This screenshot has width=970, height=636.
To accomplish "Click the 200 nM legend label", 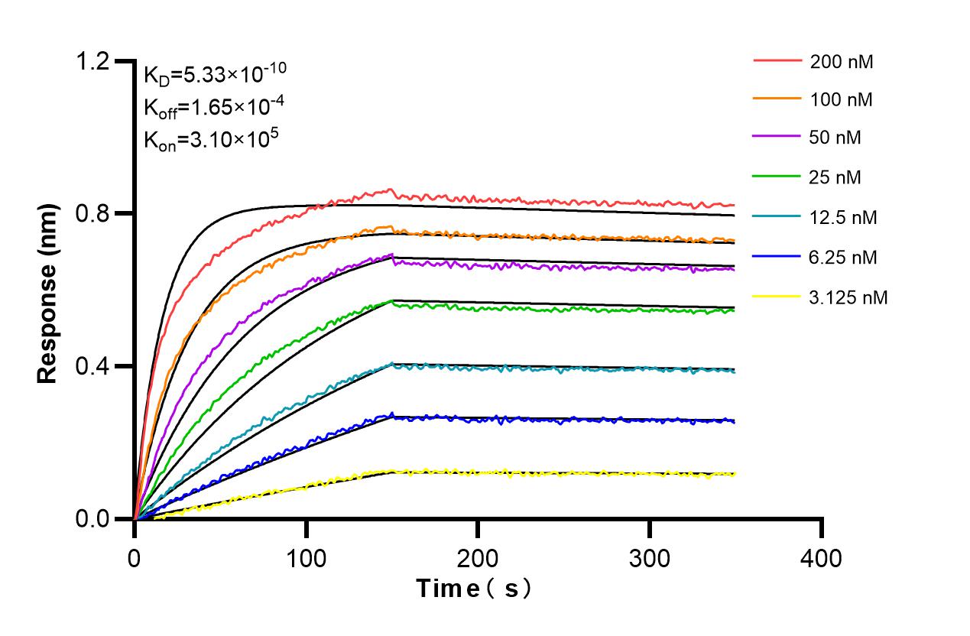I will point(842,62).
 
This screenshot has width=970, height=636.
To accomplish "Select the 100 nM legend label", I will point(842,99).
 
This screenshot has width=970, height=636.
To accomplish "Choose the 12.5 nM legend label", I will point(844,218).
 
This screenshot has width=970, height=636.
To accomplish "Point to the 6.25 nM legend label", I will point(844,258).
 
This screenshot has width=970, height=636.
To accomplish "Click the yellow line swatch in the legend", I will point(778,297).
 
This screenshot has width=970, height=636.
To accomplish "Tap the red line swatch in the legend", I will point(778,60).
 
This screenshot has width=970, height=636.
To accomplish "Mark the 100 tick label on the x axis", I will point(307,559).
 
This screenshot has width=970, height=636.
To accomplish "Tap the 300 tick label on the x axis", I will point(650,559).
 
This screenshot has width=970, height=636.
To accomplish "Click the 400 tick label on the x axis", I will point(822,559).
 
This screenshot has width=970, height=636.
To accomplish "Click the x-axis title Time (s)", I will point(474,589).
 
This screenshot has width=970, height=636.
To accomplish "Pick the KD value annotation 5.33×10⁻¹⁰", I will point(216,74).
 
